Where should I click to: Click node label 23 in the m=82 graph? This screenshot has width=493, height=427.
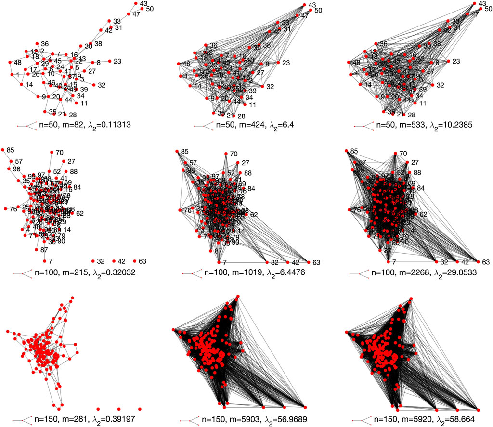click(x=117, y=61)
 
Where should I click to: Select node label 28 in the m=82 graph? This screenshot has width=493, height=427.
click(x=73, y=115)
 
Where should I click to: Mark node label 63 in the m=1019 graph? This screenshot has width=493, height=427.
click(x=316, y=263)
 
